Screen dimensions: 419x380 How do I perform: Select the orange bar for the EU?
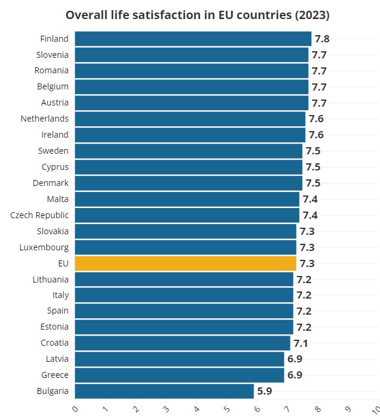pos(186,263)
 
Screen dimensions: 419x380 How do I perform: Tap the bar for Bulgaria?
pos(164,392)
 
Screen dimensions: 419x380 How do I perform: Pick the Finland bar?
pos(193,39)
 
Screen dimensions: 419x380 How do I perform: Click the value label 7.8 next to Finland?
pos(322,39)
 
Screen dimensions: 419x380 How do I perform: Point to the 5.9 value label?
pos(265,392)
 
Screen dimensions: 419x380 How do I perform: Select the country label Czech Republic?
pos(39,215)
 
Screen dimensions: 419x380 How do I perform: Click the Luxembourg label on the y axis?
pos(44,247)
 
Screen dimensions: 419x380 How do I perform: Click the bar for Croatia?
pos(183,343)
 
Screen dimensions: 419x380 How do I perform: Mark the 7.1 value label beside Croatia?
pos(301,343)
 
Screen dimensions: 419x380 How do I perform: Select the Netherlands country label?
pos(45,119)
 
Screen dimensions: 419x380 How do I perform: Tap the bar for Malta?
pos(187,199)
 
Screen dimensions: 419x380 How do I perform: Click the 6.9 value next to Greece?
pos(295,375)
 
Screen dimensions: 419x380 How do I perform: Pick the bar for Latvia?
pos(180,359)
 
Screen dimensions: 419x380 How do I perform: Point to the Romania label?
pos(51,70)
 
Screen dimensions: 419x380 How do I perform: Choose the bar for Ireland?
pos(190,135)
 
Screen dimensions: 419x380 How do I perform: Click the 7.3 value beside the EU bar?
pos(307,263)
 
